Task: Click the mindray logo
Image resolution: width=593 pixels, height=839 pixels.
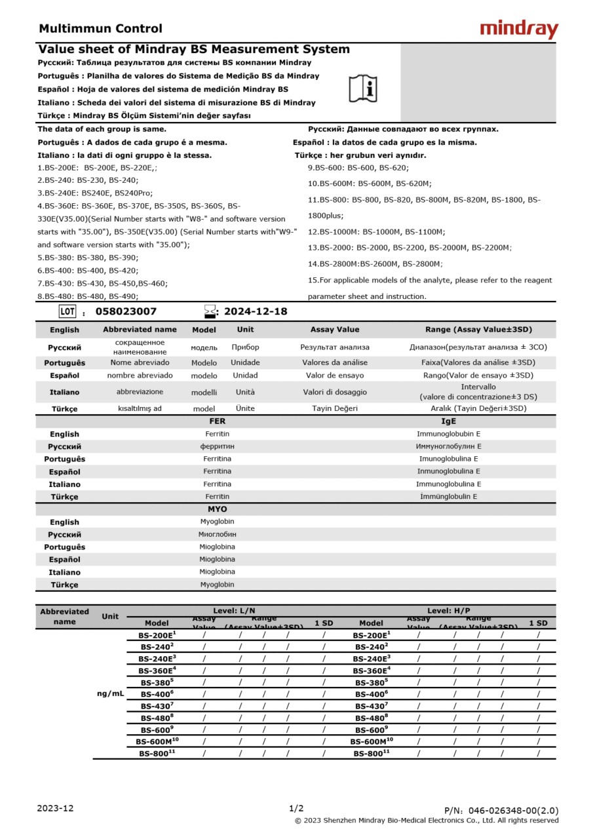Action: pos(519,29)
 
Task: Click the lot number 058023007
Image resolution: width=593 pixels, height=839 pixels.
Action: pos(126,311)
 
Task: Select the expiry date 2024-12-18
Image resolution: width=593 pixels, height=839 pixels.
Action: pos(256,311)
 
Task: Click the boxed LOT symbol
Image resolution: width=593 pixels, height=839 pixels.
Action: pos(67,311)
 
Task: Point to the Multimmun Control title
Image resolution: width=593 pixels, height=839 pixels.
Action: pos(100,28)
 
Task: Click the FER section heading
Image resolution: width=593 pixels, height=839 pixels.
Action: pos(217,421)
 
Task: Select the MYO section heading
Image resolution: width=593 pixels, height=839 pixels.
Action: pos(217,509)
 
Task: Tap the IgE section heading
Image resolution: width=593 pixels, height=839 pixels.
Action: pos(448,421)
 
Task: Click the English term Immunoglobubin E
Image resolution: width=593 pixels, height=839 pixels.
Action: pos(448,434)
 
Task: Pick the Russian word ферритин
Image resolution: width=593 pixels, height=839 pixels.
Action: pos(217,446)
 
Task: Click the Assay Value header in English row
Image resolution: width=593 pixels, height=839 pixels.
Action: pos(335,330)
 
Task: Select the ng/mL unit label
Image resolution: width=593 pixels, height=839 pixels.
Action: pos(110,693)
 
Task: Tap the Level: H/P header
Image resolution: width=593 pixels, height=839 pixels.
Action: pos(448,610)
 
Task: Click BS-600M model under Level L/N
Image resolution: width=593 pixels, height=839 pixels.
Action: pos(157,741)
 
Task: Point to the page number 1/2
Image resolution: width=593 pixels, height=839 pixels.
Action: pos(296,808)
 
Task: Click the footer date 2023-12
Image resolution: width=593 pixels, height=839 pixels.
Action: pos(56,808)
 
